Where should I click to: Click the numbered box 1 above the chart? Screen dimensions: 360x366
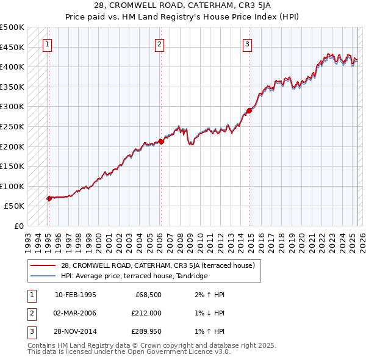pos(48,43)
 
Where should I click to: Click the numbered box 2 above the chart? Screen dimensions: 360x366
pos(159,43)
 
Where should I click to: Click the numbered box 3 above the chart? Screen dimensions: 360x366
pos(248,43)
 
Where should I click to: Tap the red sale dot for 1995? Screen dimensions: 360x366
pos(49,198)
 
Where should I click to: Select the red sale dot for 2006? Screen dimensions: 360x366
pos(161,142)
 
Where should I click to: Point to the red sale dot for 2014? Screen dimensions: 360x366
pos(249,111)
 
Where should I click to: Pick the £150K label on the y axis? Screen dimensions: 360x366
pos(13,166)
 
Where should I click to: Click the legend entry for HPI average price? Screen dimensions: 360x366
pos(134,276)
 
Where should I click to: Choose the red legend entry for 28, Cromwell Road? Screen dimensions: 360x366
pos(161,265)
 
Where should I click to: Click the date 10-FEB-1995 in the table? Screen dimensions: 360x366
pos(76,295)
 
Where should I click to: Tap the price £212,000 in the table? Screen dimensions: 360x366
pos(145,313)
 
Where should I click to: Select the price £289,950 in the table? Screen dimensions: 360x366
pos(145,331)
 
